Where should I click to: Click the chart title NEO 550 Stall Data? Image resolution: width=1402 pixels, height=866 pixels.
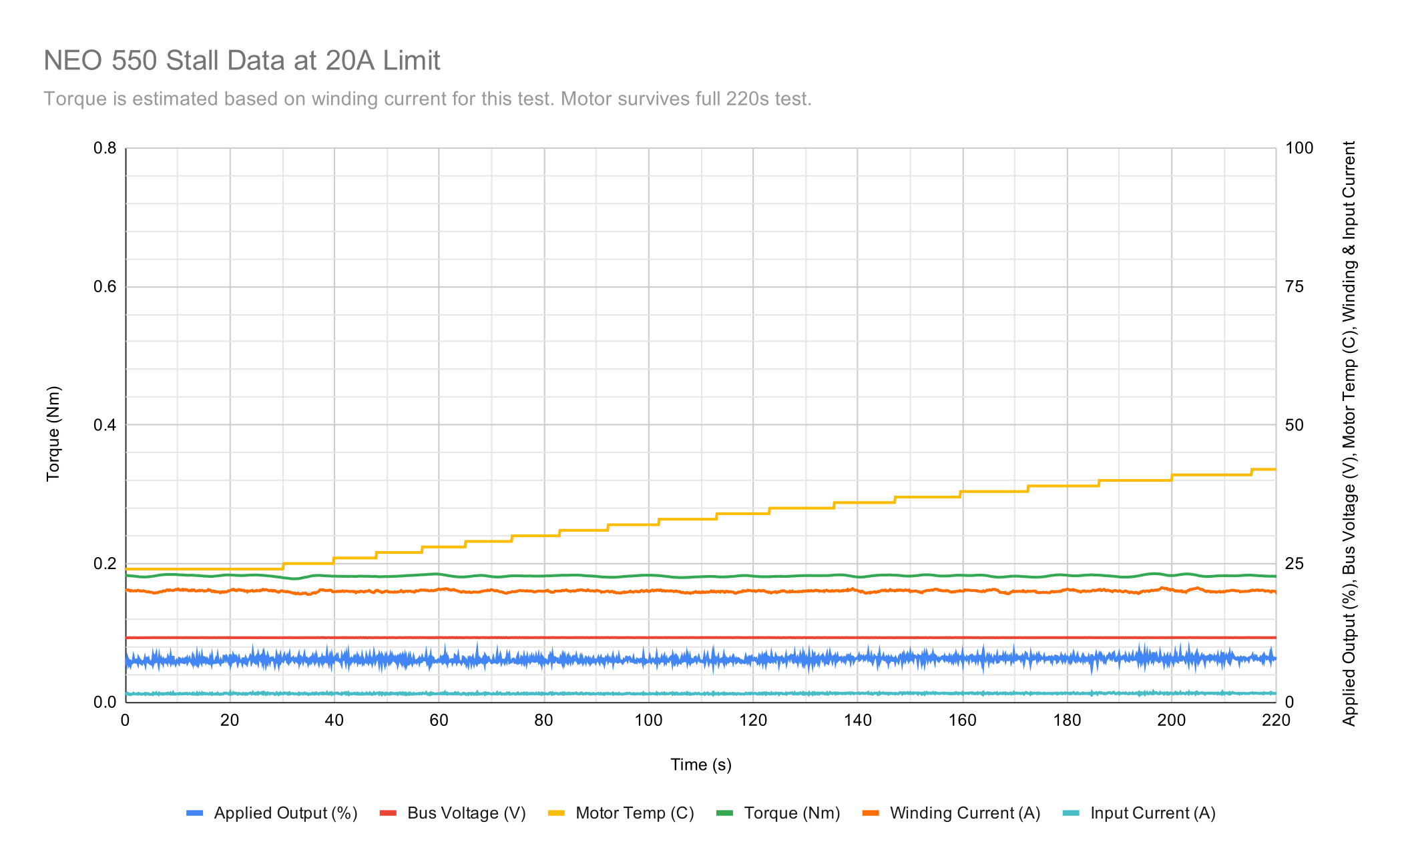[x=242, y=61]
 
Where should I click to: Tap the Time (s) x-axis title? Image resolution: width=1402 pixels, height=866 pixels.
[x=700, y=765]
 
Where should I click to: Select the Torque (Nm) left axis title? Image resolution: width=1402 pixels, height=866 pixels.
[x=53, y=434]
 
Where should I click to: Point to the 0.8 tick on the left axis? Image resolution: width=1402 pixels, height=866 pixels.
[x=105, y=148]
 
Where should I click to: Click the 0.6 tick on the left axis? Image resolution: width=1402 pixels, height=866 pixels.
[x=105, y=287]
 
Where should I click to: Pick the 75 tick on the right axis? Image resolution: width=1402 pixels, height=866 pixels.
[x=1294, y=287]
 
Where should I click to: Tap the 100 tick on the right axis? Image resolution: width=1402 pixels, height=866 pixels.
[x=1299, y=148]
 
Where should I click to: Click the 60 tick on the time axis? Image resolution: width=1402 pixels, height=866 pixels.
[x=439, y=721]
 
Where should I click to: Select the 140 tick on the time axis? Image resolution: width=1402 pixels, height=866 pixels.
[x=857, y=721]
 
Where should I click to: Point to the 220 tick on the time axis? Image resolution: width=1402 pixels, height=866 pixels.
[x=1276, y=721]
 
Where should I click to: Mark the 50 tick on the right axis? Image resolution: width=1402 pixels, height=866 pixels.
[x=1294, y=425]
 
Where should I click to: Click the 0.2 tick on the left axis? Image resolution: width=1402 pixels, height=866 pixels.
[x=105, y=564]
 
